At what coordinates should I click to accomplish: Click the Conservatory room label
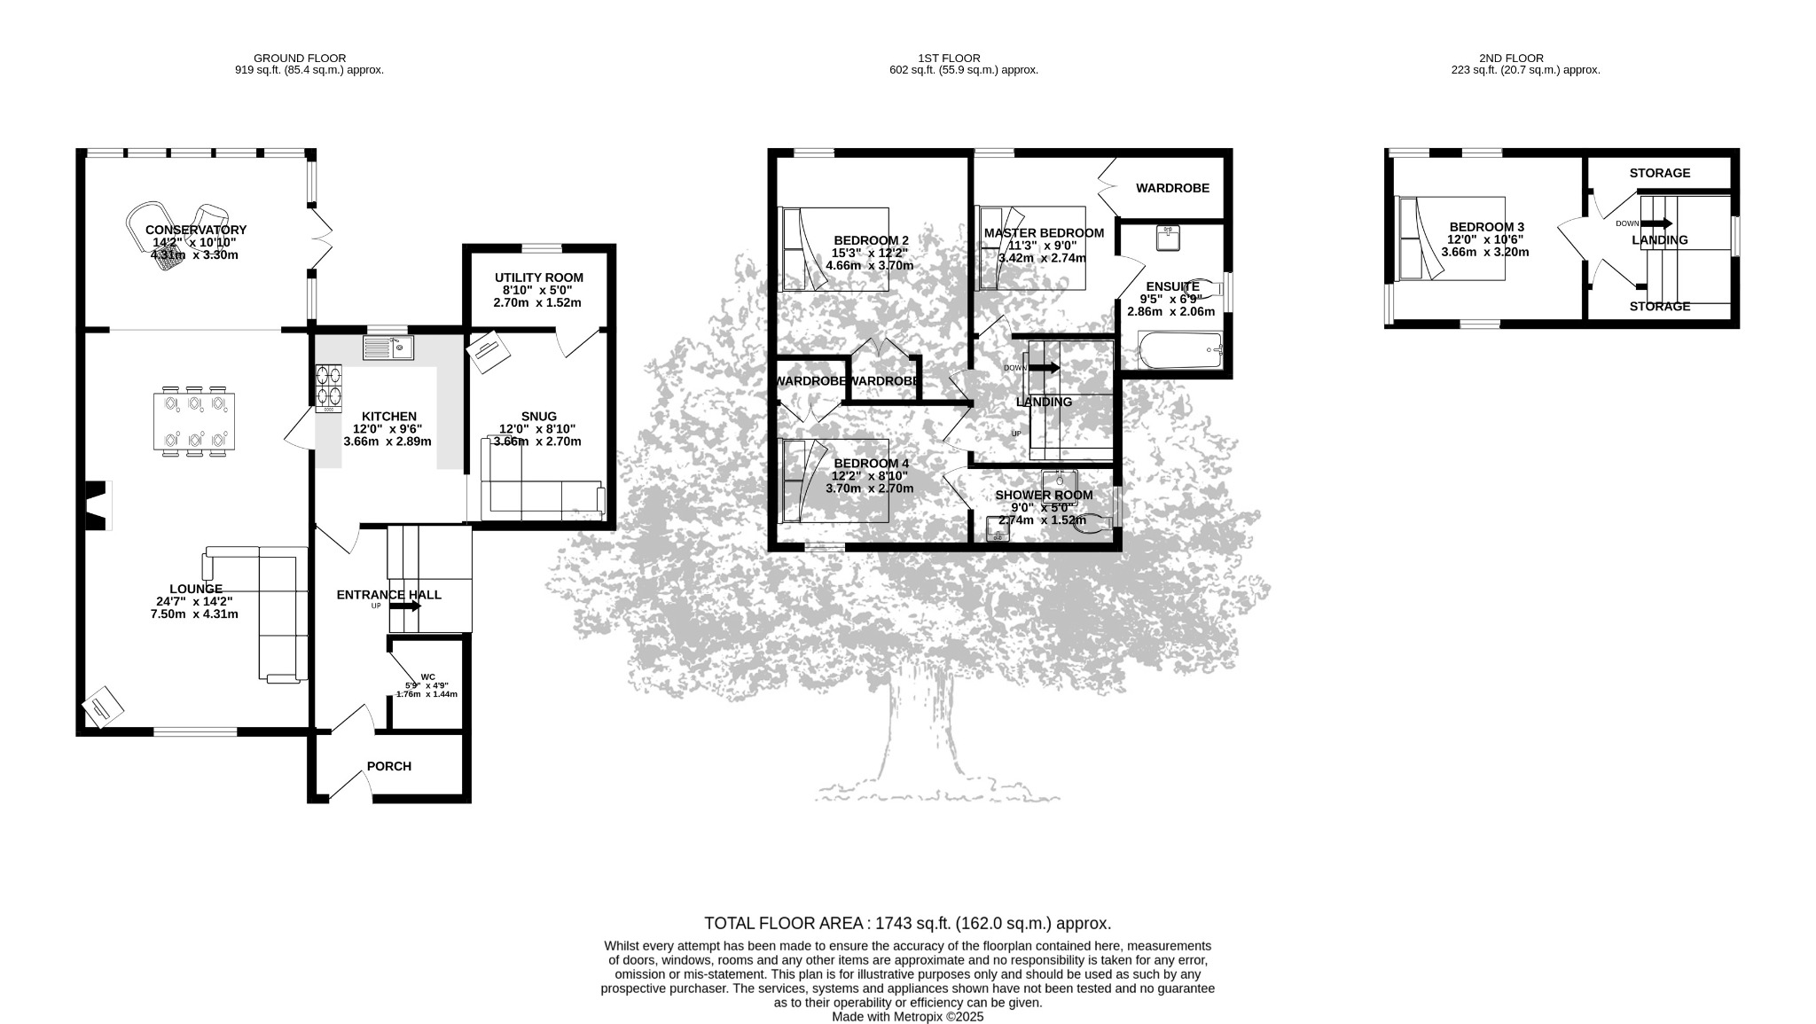pos(196,230)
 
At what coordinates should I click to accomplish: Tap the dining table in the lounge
pos(195,421)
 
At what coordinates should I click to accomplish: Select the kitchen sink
pos(388,348)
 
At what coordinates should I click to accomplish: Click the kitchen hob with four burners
pos(329,389)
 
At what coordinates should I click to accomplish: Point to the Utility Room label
pos(539,277)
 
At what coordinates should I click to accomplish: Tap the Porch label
pos(389,766)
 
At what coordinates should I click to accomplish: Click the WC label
pos(428,676)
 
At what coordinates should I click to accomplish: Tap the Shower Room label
pos(1044,495)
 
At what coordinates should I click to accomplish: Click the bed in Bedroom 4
pos(834,481)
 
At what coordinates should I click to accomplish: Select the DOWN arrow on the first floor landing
pos(1044,368)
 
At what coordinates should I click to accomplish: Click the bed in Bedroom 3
pos(1450,238)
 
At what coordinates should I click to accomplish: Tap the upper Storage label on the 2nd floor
pos(1660,173)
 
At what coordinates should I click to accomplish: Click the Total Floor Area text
pos(907,923)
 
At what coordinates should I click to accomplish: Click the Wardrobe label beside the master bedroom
pos(1173,188)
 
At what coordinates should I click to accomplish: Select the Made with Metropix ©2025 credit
pos(907,1018)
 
